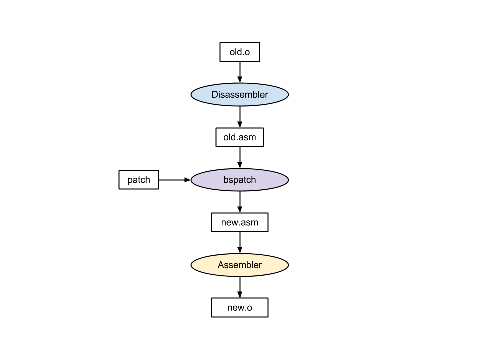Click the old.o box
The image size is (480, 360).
240,52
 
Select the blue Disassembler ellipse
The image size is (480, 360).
240,95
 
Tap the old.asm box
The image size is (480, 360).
240,137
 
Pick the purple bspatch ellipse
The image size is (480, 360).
240,180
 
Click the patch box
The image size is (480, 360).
139,180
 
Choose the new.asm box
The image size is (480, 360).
240,222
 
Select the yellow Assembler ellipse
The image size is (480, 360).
240,265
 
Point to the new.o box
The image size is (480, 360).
240,307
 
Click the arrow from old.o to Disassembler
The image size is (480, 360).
240,72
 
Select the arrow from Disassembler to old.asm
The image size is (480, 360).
240,117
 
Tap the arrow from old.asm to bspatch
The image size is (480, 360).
240,158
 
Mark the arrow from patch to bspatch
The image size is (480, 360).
175,180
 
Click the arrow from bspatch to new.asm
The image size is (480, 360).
240,202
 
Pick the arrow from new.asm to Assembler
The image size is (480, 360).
240,243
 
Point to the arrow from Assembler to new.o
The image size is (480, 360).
240,287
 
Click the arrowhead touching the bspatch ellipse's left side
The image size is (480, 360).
187,180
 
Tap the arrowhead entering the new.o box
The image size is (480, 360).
240,295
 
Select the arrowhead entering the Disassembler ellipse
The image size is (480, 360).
240,80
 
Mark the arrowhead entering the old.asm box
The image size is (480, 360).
240,124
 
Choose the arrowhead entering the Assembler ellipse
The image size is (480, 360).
240,250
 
